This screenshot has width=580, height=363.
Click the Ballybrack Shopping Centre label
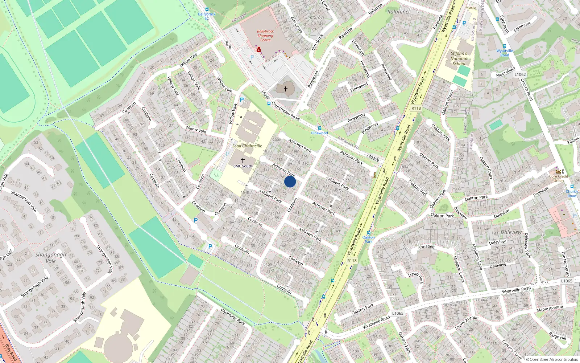coord(265,36)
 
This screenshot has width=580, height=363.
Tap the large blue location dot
coord(290,181)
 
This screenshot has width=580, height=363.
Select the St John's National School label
coord(459,58)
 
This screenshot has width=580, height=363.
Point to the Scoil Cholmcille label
coord(247,146)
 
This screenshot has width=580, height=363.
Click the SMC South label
coord(243,166)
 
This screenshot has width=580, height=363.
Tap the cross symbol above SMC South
coord(243,160)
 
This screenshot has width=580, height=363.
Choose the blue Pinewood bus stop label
coord(319,133)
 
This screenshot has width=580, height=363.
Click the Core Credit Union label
coord(559,178)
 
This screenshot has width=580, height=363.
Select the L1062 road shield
coord(520,74)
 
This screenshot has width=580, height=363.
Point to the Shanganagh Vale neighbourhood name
coord(51,258)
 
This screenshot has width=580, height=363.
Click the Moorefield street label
coord(506,72)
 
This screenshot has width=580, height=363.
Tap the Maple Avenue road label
coord(550,308)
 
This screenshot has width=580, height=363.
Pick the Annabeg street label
coord(426,247)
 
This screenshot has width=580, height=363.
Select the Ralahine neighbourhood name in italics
coord(398,12)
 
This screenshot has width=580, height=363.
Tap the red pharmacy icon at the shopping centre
coord(259,49)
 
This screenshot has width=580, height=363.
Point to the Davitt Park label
coord(416,278)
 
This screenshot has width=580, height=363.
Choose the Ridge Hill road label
coord(557,335)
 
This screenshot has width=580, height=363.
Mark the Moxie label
coord(471,8)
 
